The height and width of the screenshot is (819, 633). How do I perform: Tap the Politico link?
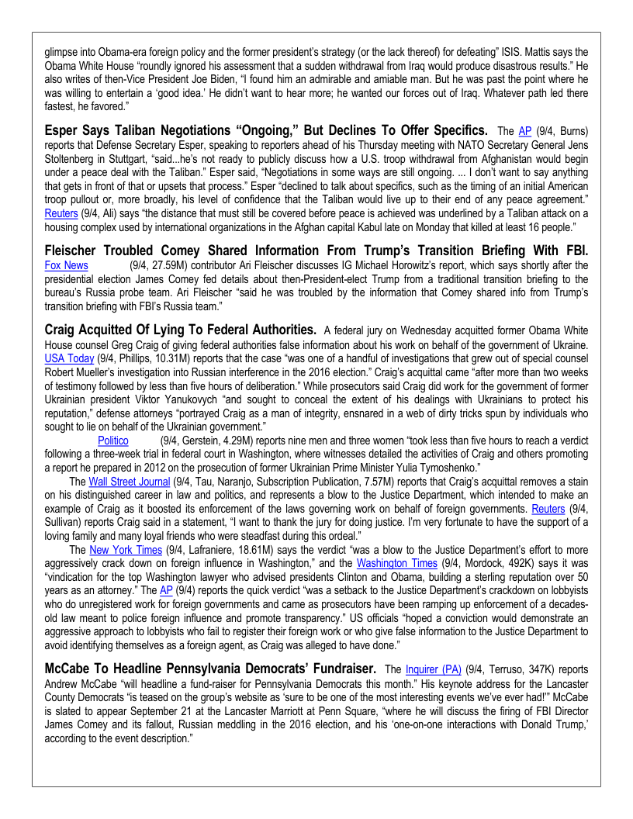click(112, 441)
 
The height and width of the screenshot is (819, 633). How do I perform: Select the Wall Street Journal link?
click(129, 482)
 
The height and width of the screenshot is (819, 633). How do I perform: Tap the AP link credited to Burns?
click(525, 132)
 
